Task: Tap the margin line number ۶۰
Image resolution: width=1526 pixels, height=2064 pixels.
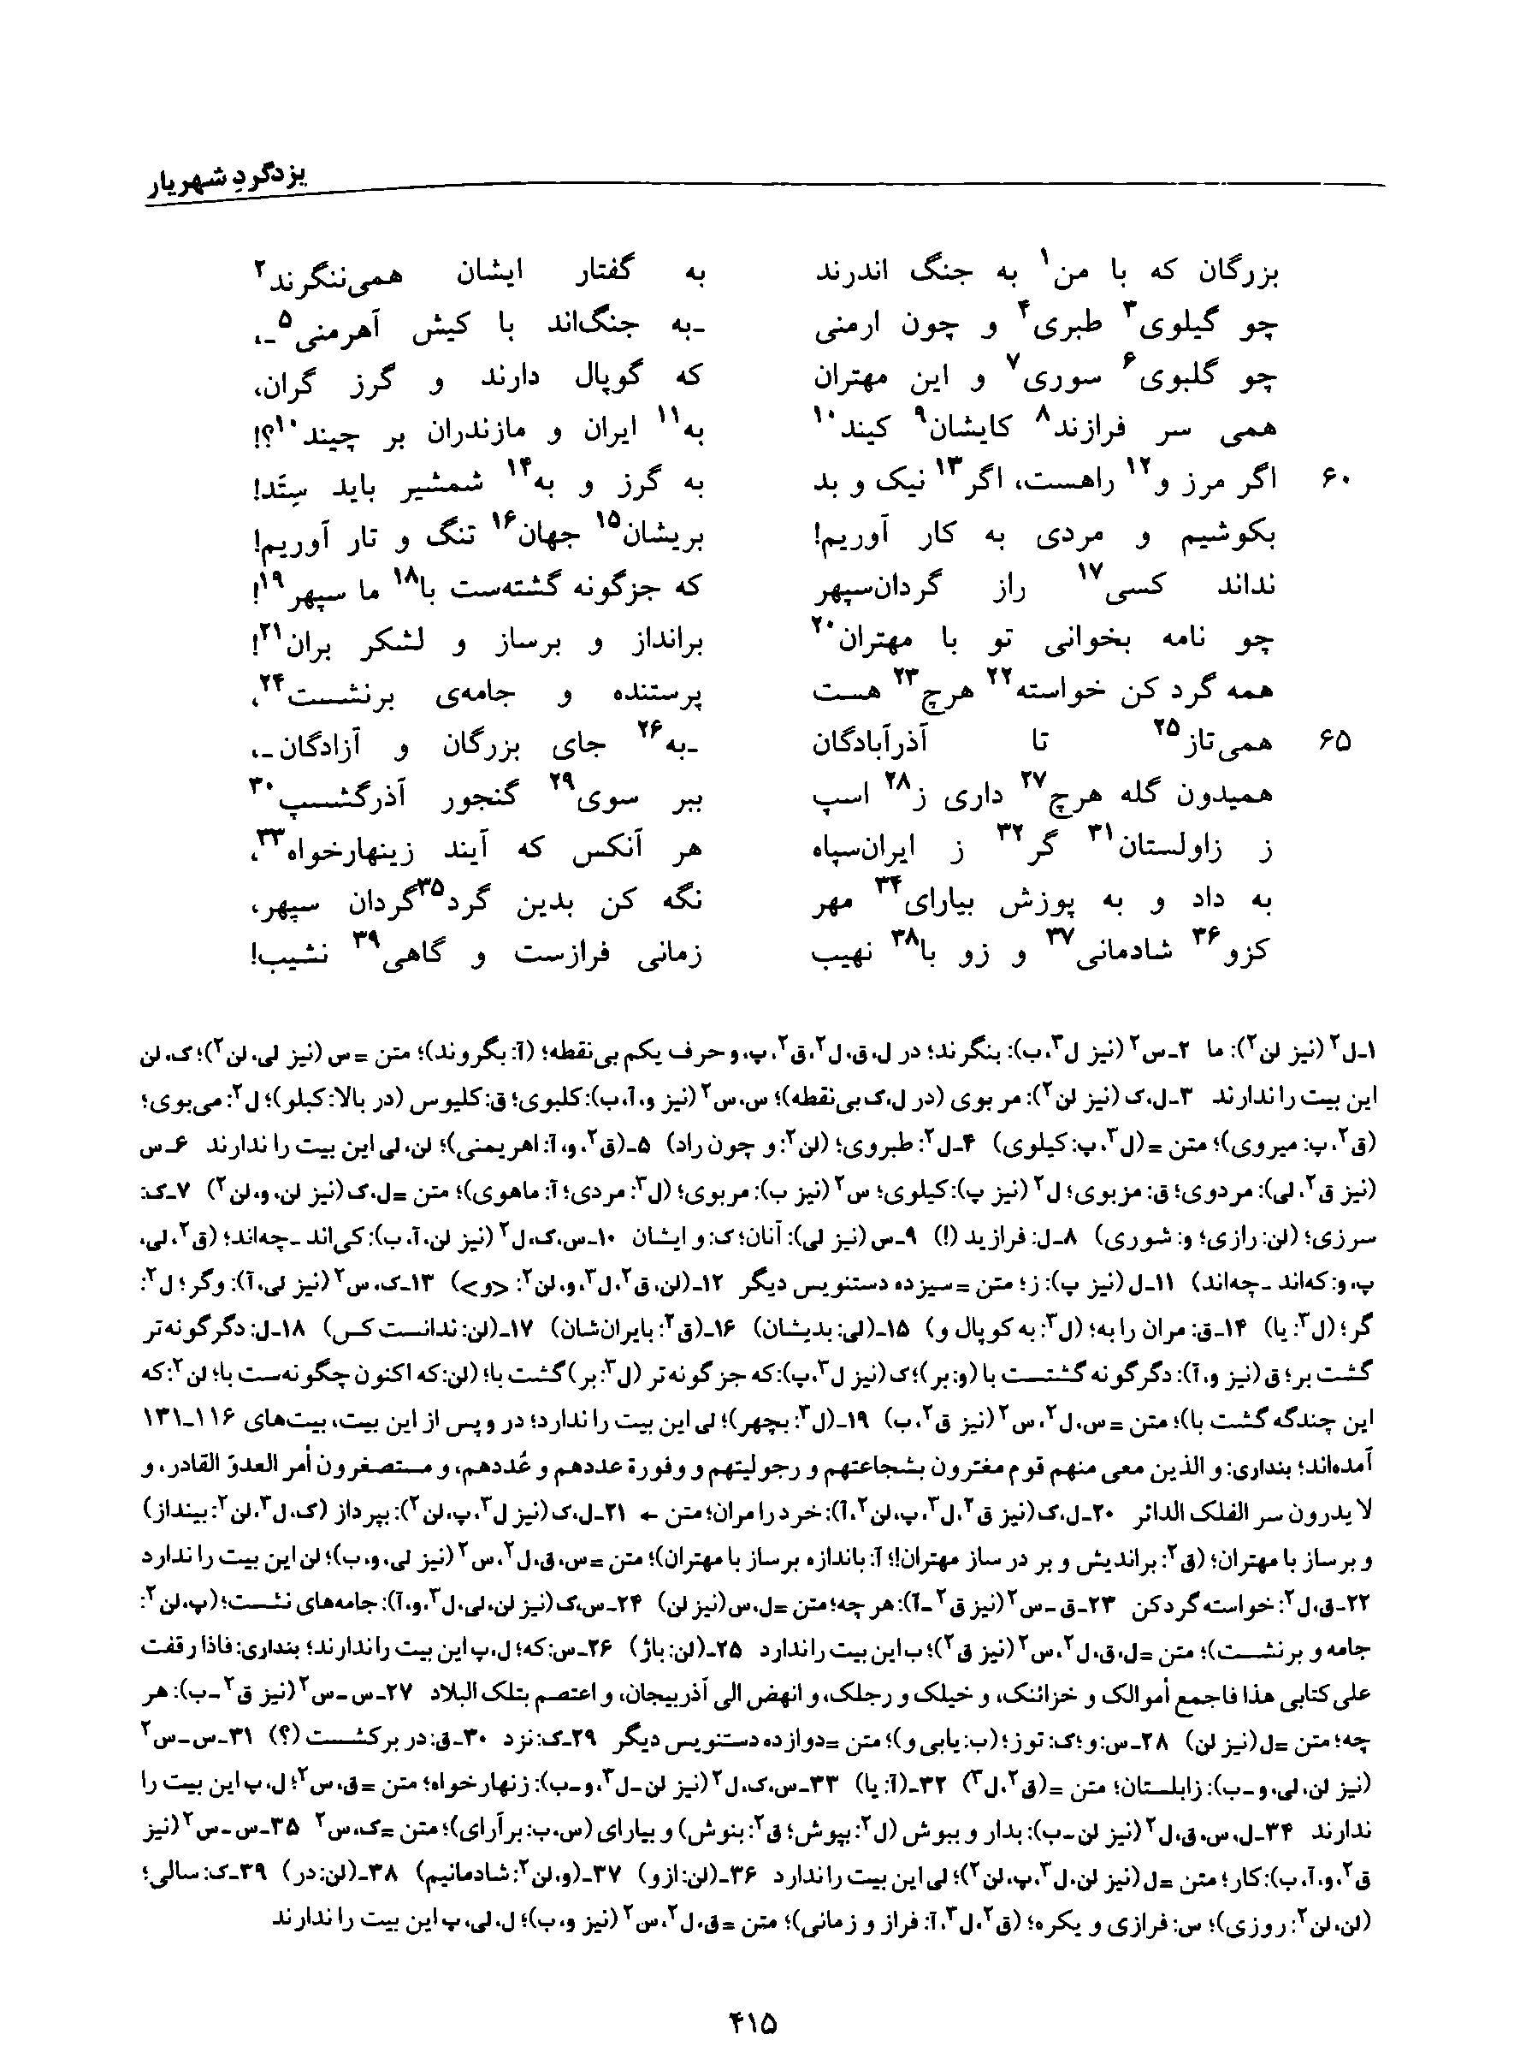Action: [1337, 482]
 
